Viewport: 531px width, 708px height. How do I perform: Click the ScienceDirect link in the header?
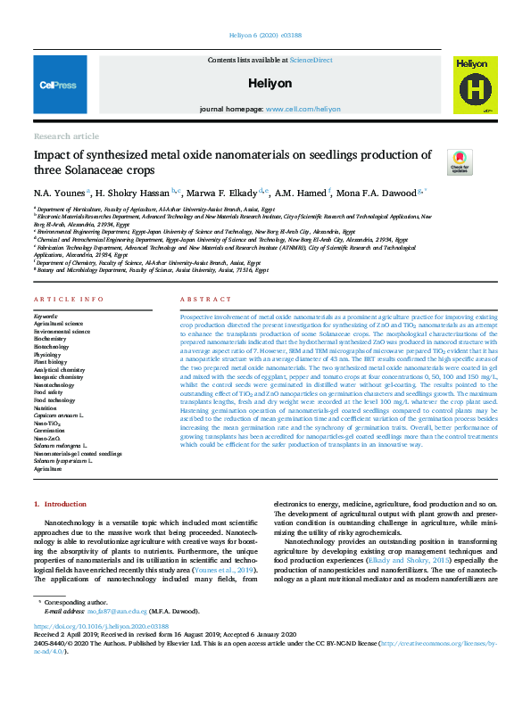309,59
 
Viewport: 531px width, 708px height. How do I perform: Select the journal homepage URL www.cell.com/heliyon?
303,109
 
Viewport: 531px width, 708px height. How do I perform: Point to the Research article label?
66,136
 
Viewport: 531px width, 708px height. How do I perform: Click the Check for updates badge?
460,161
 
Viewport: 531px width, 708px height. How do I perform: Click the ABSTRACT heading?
200,299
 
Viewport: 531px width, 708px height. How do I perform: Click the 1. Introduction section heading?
61,505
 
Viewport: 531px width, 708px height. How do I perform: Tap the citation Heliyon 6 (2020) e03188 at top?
265,37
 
